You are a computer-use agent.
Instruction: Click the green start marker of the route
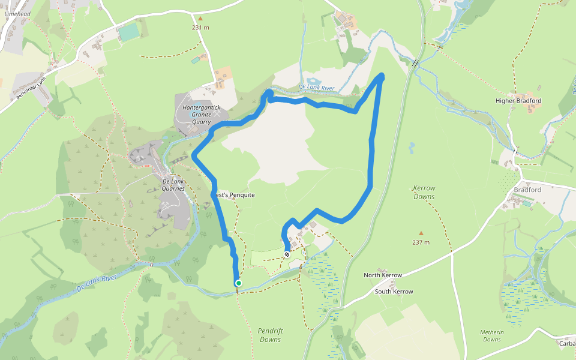[239, 283]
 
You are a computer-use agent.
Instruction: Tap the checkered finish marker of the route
[287, 254]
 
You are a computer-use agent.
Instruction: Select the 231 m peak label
[200, 28]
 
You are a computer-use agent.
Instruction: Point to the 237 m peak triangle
[421, 233]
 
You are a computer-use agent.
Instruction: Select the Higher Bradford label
[518, 101]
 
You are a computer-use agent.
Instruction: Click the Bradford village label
[527, 190]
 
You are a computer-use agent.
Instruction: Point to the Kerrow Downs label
[424, 192]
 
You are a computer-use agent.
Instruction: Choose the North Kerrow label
[383, 275]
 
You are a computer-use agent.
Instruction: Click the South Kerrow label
[394, 292]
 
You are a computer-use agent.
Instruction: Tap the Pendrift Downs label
[269, 335]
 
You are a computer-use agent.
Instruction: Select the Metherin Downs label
[492, 335]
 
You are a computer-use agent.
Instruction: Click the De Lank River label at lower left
[97, 284]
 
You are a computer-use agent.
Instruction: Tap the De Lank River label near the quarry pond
[316, 88]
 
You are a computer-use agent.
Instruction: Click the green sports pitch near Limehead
[129, 32]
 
